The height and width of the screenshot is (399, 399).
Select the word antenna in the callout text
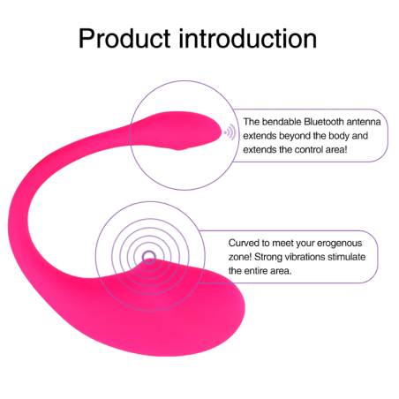pos(365,122)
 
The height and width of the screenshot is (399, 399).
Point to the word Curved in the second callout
pos(245,242)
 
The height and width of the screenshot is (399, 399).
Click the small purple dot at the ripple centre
pos(148,257)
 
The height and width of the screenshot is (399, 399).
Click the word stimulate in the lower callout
pos(357,256)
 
